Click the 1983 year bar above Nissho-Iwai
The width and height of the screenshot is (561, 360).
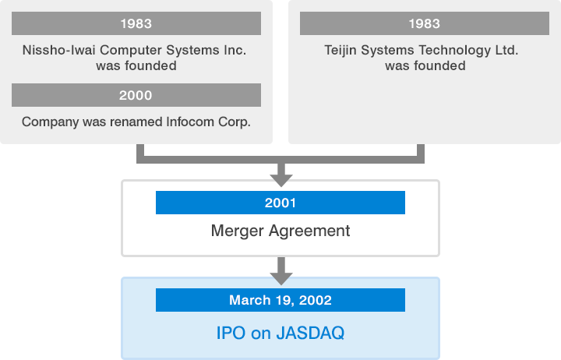(x=136, y=23)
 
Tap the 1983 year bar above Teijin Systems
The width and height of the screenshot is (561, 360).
(x=425, y=23)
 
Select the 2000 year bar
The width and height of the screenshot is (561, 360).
(x=136, y=95)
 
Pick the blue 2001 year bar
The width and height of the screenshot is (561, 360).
(x=280, y=203)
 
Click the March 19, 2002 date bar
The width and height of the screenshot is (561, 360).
(x=280, y=300)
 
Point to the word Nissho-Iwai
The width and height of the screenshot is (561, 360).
(x=58, y=50)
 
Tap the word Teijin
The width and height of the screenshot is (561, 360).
(x=340, y=51)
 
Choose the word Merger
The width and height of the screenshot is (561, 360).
(x=238, y=231)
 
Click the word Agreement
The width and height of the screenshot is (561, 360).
(x=309, y=231)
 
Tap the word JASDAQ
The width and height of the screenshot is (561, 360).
(x=310, y=334)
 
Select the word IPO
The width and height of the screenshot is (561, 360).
(x=231, y=334)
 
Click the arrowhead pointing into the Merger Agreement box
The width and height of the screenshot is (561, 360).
(x=281, y=180)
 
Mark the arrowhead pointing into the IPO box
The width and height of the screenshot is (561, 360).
(x=281, y=278)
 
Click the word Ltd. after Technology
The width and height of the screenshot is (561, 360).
(x=506, y=50)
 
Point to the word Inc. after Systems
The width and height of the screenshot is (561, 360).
(x=235, y=50)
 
